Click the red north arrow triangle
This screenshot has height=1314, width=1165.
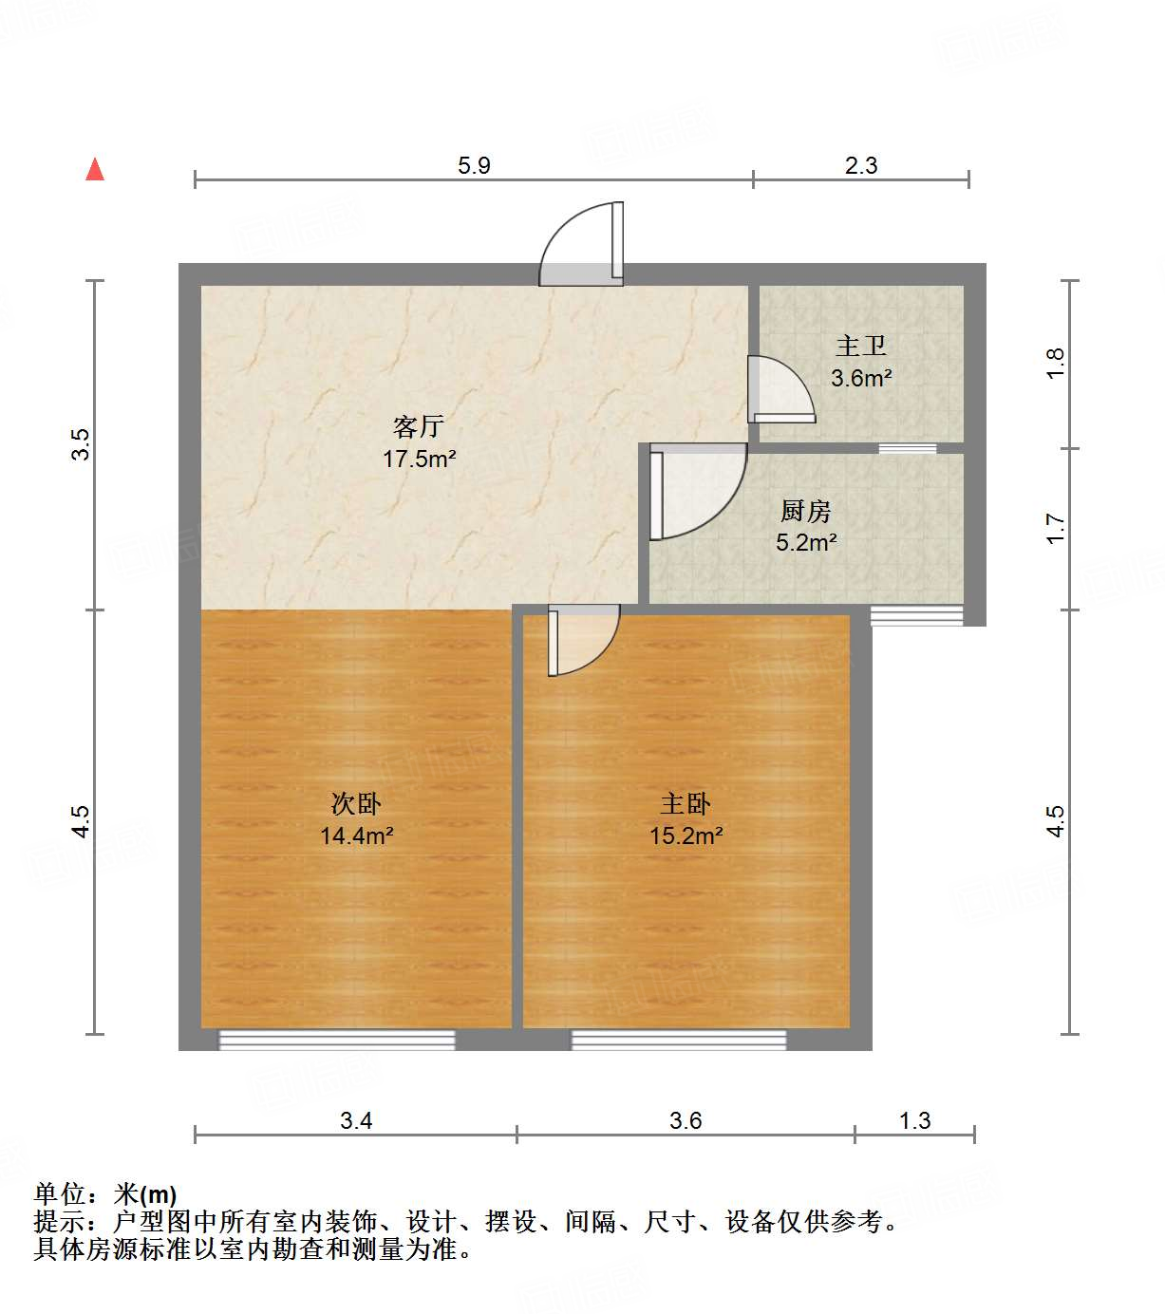(x=95, y=169)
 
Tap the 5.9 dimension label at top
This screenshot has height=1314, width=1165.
(x=474, y=165)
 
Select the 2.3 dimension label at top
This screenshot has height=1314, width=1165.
(x=861, y=165)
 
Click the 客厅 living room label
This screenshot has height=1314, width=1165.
(x=419, y=426)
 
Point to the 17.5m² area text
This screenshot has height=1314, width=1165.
(x=419, y=460)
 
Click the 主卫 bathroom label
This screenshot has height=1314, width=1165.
(x=861, y=346)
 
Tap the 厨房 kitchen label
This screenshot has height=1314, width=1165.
(x=806, y=511)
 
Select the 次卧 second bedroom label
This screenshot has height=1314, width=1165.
(x=356, y=803)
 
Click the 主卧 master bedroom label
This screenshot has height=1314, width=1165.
(x=686, y=803)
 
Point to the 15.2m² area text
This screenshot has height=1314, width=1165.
(x=686, y=836)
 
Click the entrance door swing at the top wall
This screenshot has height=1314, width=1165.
(x=582, y=246)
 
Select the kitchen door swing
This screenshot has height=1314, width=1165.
(x=696, y=492)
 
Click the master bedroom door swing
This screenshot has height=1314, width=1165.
(x=581, y=640)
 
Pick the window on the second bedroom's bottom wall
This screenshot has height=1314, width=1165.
(x=337, y=1041)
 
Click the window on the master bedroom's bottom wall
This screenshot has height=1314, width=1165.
(x=679, y=1041)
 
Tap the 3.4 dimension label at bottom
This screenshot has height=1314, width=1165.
(x=356, y=1120)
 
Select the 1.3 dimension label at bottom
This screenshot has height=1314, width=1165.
(x=914, y=1120)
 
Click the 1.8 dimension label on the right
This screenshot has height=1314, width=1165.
(x=1056, y=364)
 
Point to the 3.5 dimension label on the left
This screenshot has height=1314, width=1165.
(x=82, y=444)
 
